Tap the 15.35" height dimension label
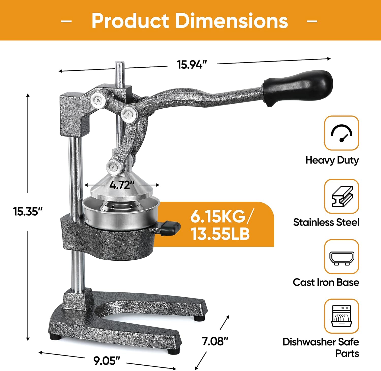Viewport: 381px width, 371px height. coord(28,211)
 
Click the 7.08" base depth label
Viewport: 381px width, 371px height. coord(215,341)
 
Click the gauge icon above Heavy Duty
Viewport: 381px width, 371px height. coord(341,133)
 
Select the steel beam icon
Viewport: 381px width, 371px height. coord(342,196)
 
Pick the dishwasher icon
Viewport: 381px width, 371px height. coord(342,316)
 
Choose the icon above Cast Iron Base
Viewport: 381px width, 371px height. coord(342,258)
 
